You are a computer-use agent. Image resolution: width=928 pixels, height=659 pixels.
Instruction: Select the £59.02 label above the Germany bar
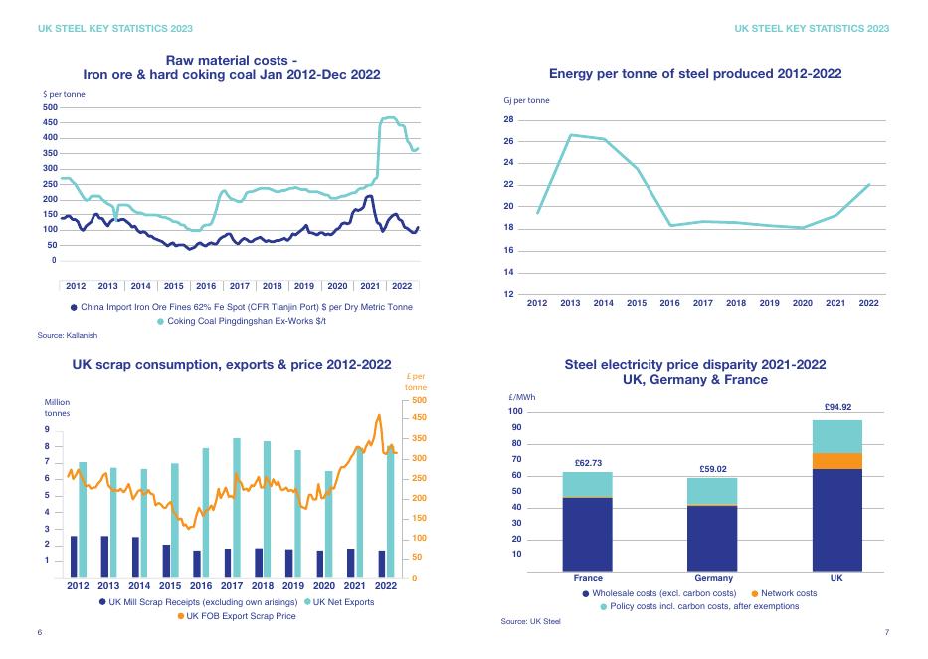[x=713, y=469]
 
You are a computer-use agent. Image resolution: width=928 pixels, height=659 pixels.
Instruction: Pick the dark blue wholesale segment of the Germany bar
[x=713, y=539]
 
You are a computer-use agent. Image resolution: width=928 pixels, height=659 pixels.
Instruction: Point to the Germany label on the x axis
[x=713, y=578]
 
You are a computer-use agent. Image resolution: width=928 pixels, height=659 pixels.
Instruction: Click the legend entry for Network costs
[x=789, y=593]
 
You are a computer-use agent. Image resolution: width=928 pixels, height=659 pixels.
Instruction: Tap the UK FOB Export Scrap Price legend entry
[x=242, y=616]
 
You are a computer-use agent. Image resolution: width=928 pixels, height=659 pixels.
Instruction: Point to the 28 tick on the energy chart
[x=508, y=120]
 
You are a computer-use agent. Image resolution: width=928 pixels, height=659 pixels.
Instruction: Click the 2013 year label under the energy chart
[x=570, y=303]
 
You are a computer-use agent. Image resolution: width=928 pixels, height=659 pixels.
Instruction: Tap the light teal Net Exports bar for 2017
[x=237, y=508]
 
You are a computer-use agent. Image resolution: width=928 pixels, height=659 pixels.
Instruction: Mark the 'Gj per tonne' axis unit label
[x=526, y=100]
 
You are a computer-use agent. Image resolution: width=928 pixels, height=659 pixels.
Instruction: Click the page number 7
[x=886, y=633]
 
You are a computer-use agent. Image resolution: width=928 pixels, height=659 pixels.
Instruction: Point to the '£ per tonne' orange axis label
[x=417, y=381]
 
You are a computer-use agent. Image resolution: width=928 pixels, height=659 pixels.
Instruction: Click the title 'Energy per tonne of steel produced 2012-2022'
[x=695, y=73]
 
